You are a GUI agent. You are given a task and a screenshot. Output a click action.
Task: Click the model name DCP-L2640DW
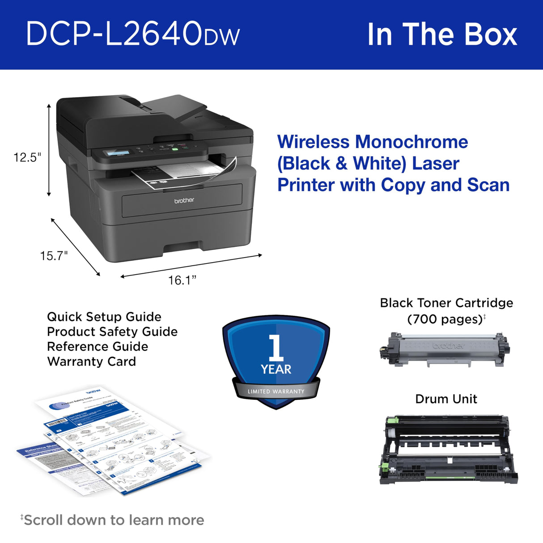133,34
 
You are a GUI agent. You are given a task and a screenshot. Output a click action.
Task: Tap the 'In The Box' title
441,34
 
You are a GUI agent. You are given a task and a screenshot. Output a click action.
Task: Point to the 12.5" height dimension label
27,157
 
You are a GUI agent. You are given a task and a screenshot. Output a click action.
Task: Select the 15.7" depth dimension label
54,256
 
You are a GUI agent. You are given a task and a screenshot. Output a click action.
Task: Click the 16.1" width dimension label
182,280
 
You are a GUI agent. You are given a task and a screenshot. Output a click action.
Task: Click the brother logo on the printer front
184,200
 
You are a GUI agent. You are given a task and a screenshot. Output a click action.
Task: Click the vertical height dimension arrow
49,150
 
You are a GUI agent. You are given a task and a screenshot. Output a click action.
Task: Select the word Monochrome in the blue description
411,142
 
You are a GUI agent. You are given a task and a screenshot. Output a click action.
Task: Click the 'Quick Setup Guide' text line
104,317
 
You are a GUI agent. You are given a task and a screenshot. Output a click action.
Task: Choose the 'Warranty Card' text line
91,361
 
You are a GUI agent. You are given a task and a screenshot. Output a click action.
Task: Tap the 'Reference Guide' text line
97,347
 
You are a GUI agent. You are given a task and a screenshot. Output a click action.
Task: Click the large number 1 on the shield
276,348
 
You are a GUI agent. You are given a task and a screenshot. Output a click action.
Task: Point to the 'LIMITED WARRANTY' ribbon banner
276,391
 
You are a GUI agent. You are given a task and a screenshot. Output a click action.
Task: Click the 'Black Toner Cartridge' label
446,303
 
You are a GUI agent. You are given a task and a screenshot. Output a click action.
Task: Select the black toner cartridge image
444,349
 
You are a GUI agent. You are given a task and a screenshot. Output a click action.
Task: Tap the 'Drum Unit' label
446,399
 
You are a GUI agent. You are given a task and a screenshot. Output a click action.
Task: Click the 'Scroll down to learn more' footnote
112,520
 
